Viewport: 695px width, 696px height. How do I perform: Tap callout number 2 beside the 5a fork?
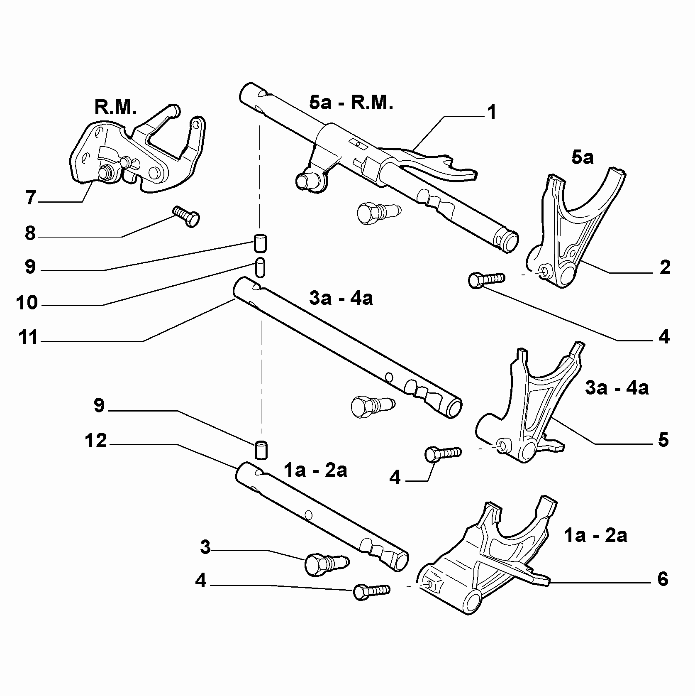(x=665, y=268)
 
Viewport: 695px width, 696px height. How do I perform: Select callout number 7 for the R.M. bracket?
(x=31, y=197)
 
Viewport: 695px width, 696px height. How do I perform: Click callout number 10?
(x=27, y=303)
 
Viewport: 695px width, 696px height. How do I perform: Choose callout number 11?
(x=28, y=338)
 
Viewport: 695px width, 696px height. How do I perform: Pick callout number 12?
(x=96, y=441)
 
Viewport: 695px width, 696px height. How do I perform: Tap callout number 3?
(x=206, y=548)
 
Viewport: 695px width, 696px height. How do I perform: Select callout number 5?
(x=663, y=440)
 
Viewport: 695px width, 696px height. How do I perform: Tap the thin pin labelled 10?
(x=260, y=267)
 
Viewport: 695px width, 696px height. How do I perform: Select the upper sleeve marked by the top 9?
(x=261, y=243)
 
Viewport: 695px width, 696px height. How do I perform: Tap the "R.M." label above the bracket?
(x=115, y=107)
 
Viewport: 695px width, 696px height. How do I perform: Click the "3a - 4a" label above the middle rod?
(x=341, y=298)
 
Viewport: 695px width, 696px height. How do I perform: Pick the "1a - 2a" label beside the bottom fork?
(x=595, y=536)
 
